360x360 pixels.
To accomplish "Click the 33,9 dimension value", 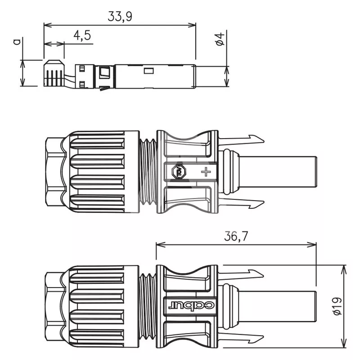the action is click(120, 17).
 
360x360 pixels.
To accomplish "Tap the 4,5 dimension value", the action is click(82, 36).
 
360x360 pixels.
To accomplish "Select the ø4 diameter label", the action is click(220, 39).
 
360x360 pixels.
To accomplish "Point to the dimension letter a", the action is click(17, 41).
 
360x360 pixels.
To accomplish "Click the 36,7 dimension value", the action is click(236, 236).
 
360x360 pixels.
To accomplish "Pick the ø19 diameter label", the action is click(337, 306).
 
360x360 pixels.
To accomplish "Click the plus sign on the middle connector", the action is click(206, 172).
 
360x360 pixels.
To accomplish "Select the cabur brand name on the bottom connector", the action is click(191, 306).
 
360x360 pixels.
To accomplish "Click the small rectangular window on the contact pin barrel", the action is click(148, 71).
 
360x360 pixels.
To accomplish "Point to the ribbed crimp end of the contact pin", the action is click(54, 73).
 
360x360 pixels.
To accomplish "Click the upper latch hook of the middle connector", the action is click(241, 139).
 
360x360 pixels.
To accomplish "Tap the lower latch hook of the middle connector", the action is click(241, 203).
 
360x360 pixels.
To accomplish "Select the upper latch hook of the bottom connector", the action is click(241, 274).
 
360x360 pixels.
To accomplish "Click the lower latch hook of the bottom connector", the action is click(241, 338).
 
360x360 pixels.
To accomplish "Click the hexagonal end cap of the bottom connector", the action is click(55, 306).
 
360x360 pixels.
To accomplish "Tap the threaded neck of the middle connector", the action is click(148, 171).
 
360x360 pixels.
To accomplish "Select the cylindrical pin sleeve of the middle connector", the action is click(278, 171).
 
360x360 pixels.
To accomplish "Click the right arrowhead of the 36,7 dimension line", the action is click(312, 245).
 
